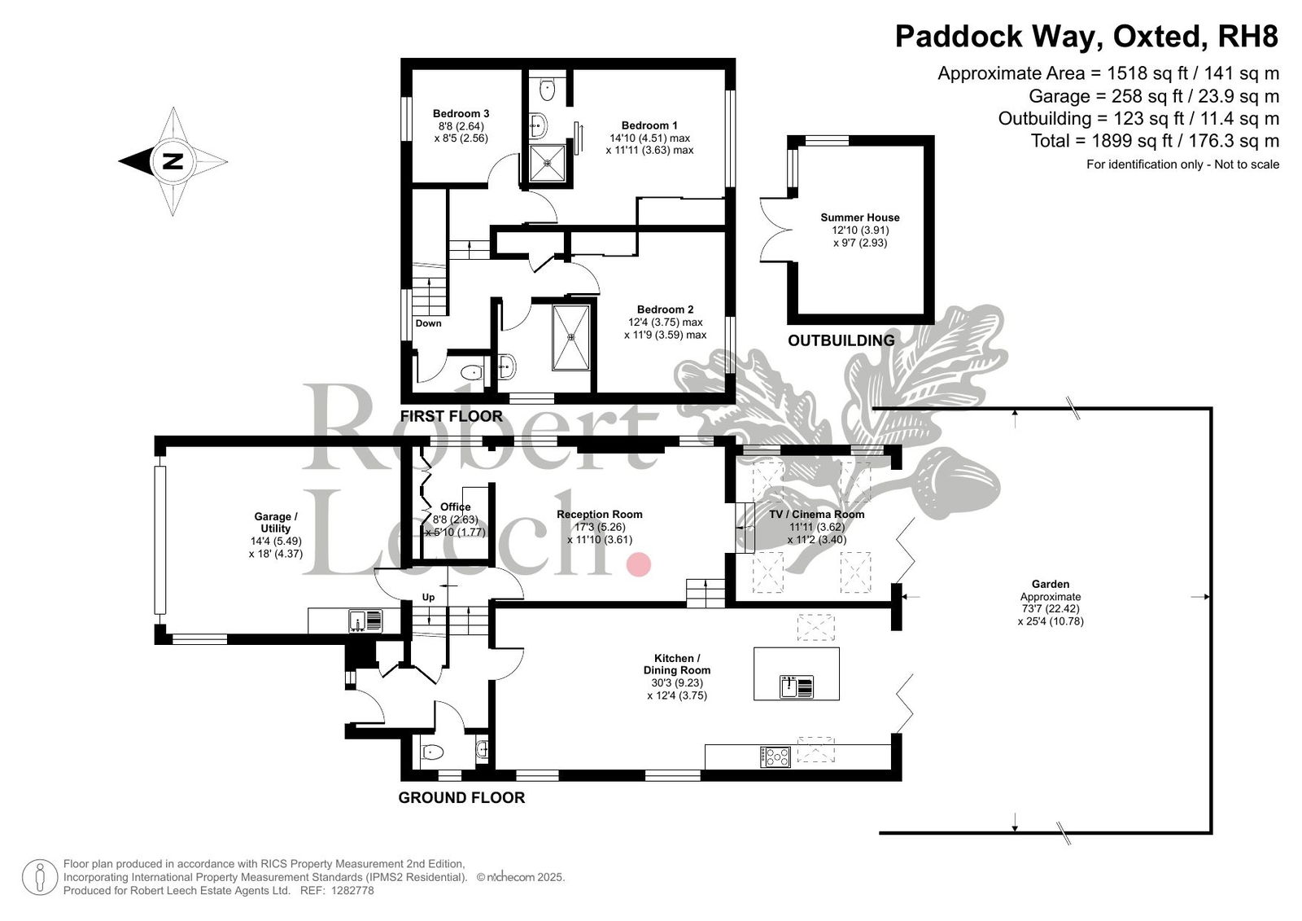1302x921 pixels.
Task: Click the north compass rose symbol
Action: [173, 161]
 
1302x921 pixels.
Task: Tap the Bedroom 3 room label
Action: [461, 114]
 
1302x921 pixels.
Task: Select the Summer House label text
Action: [859, 217]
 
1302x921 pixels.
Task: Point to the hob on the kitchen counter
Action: [776, 757]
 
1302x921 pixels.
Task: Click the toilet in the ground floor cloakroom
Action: [432, 752]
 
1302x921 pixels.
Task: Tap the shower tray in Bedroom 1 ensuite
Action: [547, 163]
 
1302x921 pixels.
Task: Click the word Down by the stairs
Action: [428, 323]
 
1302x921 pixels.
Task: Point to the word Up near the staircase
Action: [428, 597]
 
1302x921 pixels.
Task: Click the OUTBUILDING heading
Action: [841, 340]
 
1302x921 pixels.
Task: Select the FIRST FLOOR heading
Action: [451, 416]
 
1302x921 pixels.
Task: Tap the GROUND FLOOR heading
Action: [461, 798]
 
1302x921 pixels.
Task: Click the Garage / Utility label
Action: [276, 522]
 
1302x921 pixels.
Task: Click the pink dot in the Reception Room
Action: [639, 564]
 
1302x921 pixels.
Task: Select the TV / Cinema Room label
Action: [816, 514]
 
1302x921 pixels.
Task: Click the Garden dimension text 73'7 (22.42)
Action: [1050, 609]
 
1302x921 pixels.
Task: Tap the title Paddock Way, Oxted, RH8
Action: [1086, 37]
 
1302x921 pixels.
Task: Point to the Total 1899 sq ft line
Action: [1154, 141]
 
